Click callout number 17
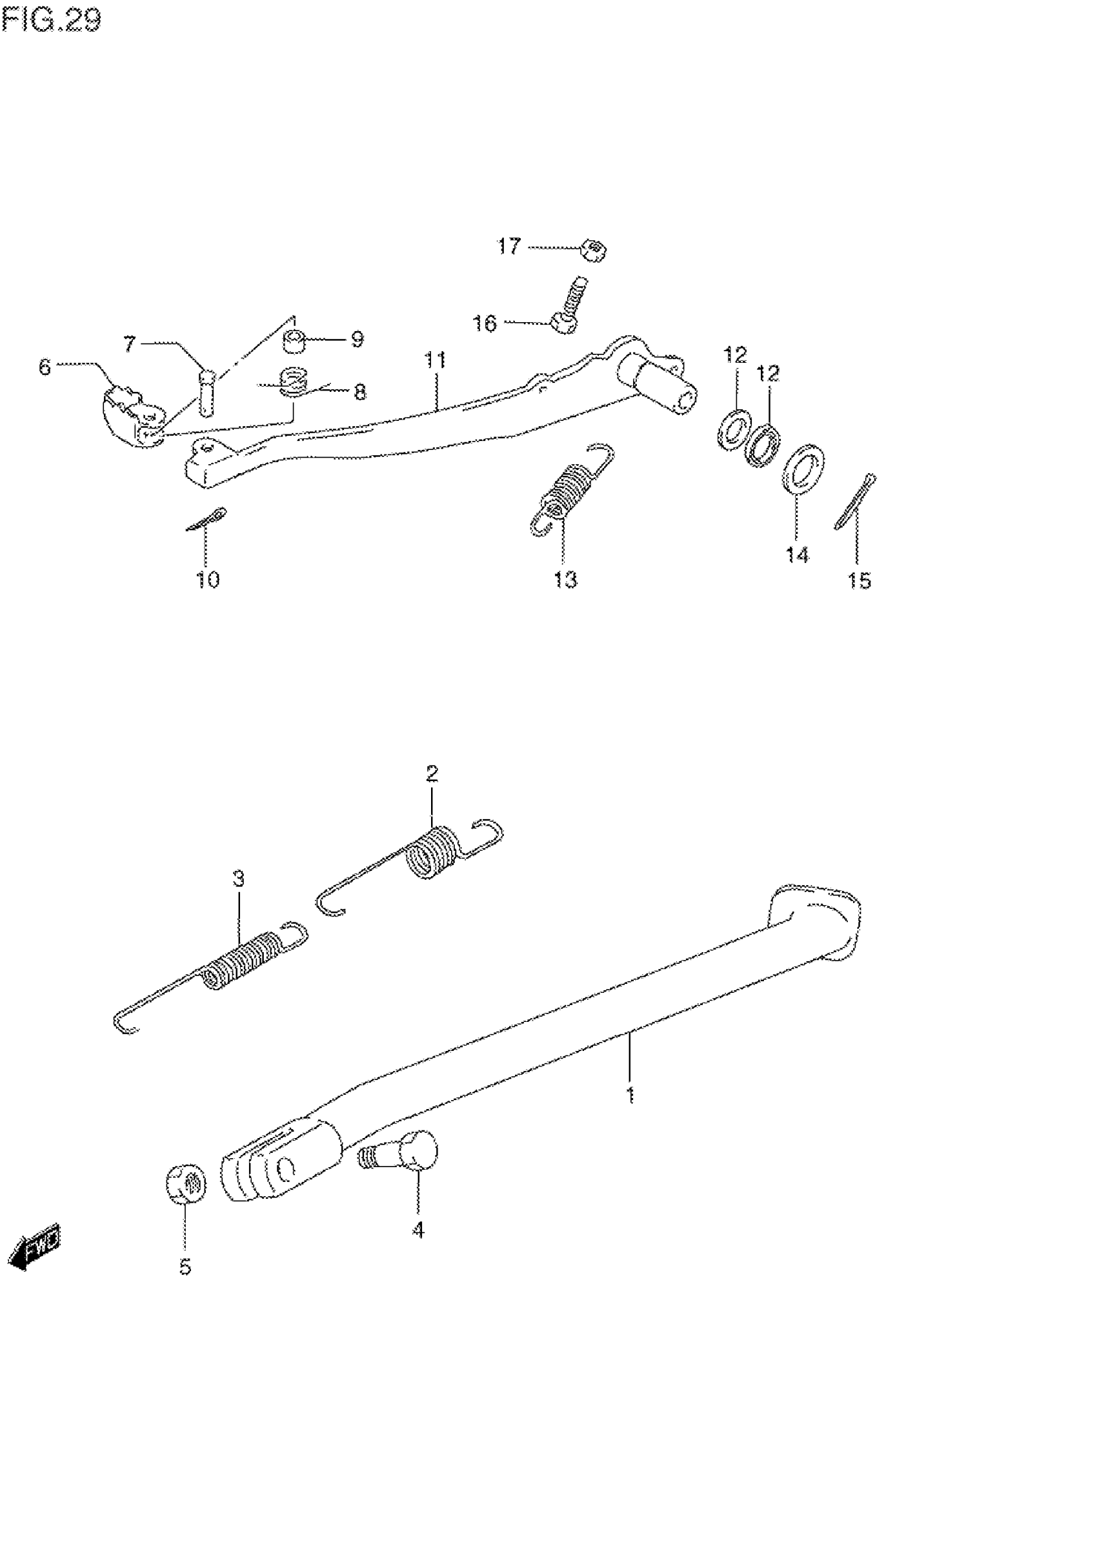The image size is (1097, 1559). pos(508,246)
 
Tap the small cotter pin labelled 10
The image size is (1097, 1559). pos(207,520)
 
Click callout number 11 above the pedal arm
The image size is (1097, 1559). pos(434,359)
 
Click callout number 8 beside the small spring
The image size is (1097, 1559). pos(359,392)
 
